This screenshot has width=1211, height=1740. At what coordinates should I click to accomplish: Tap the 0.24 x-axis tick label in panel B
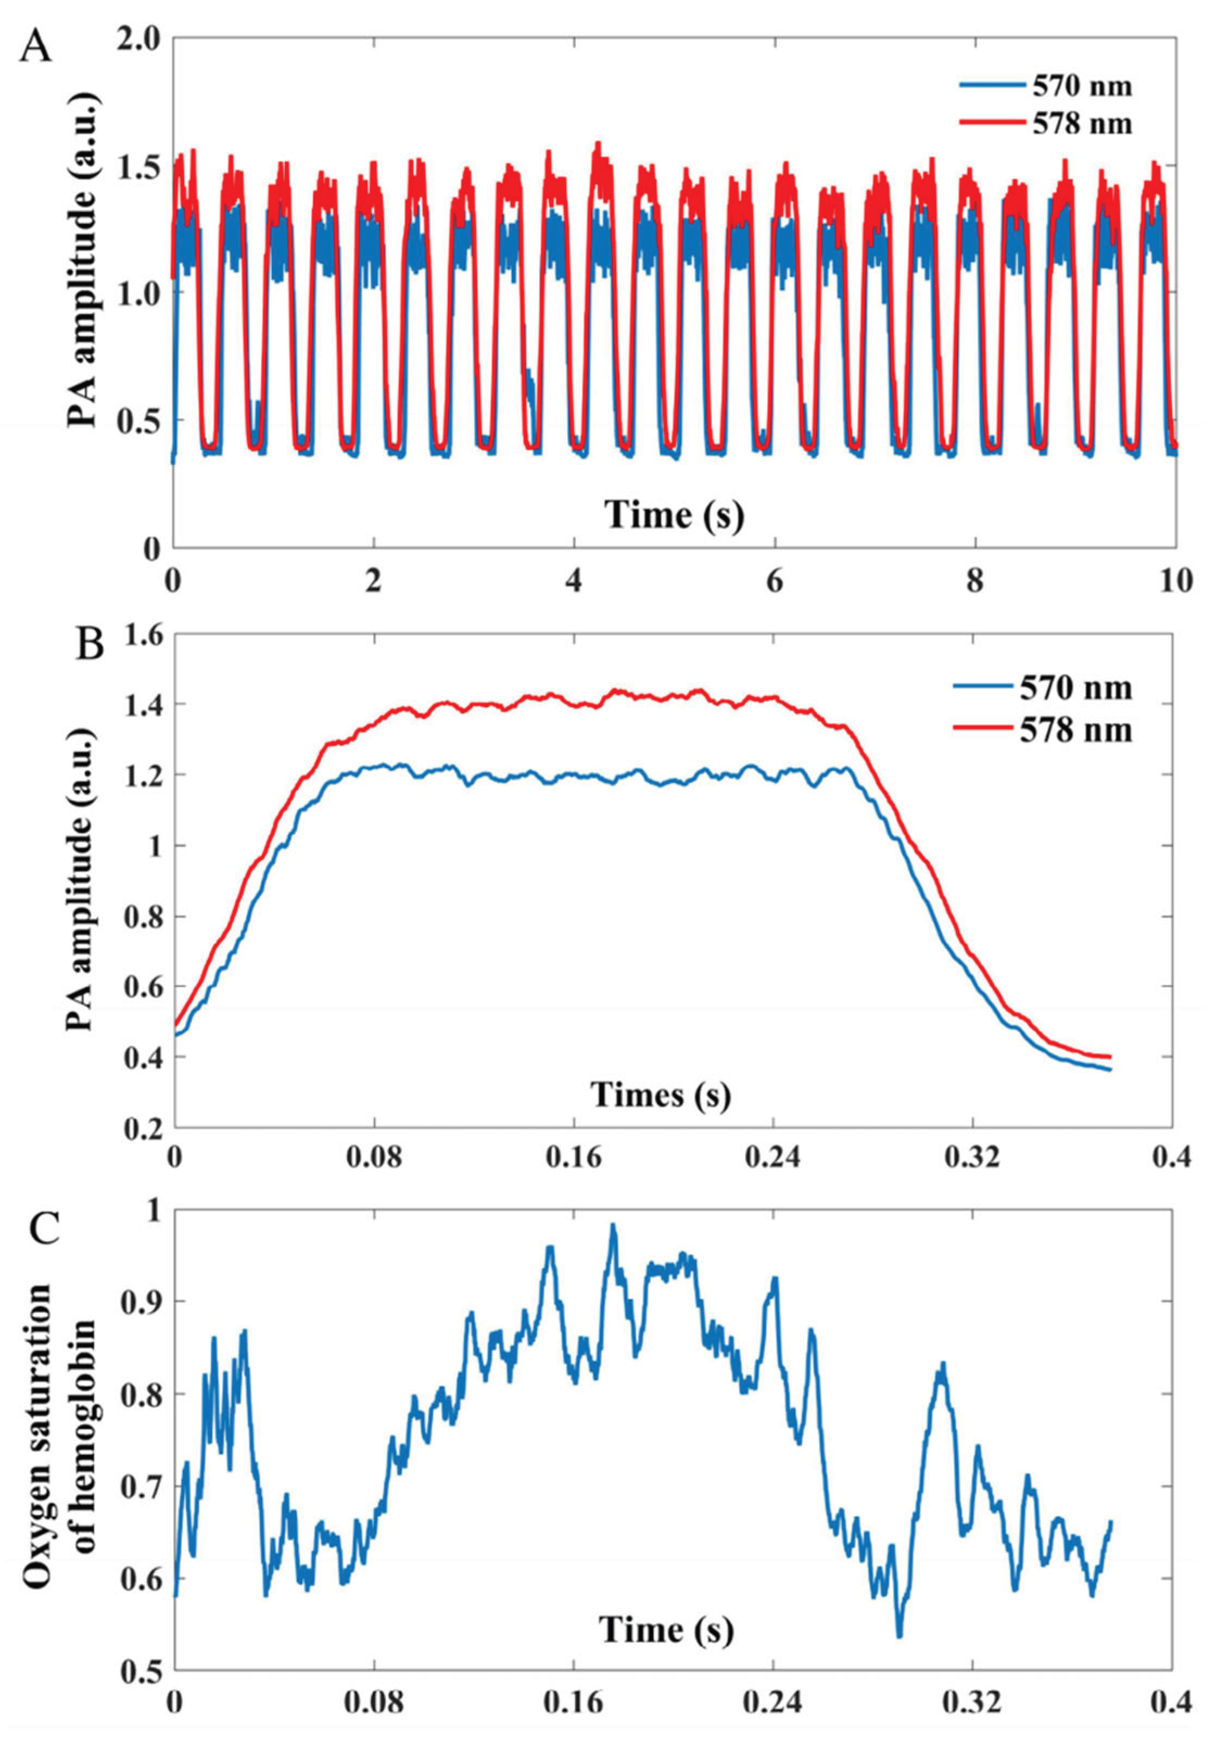pos(773,1159)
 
